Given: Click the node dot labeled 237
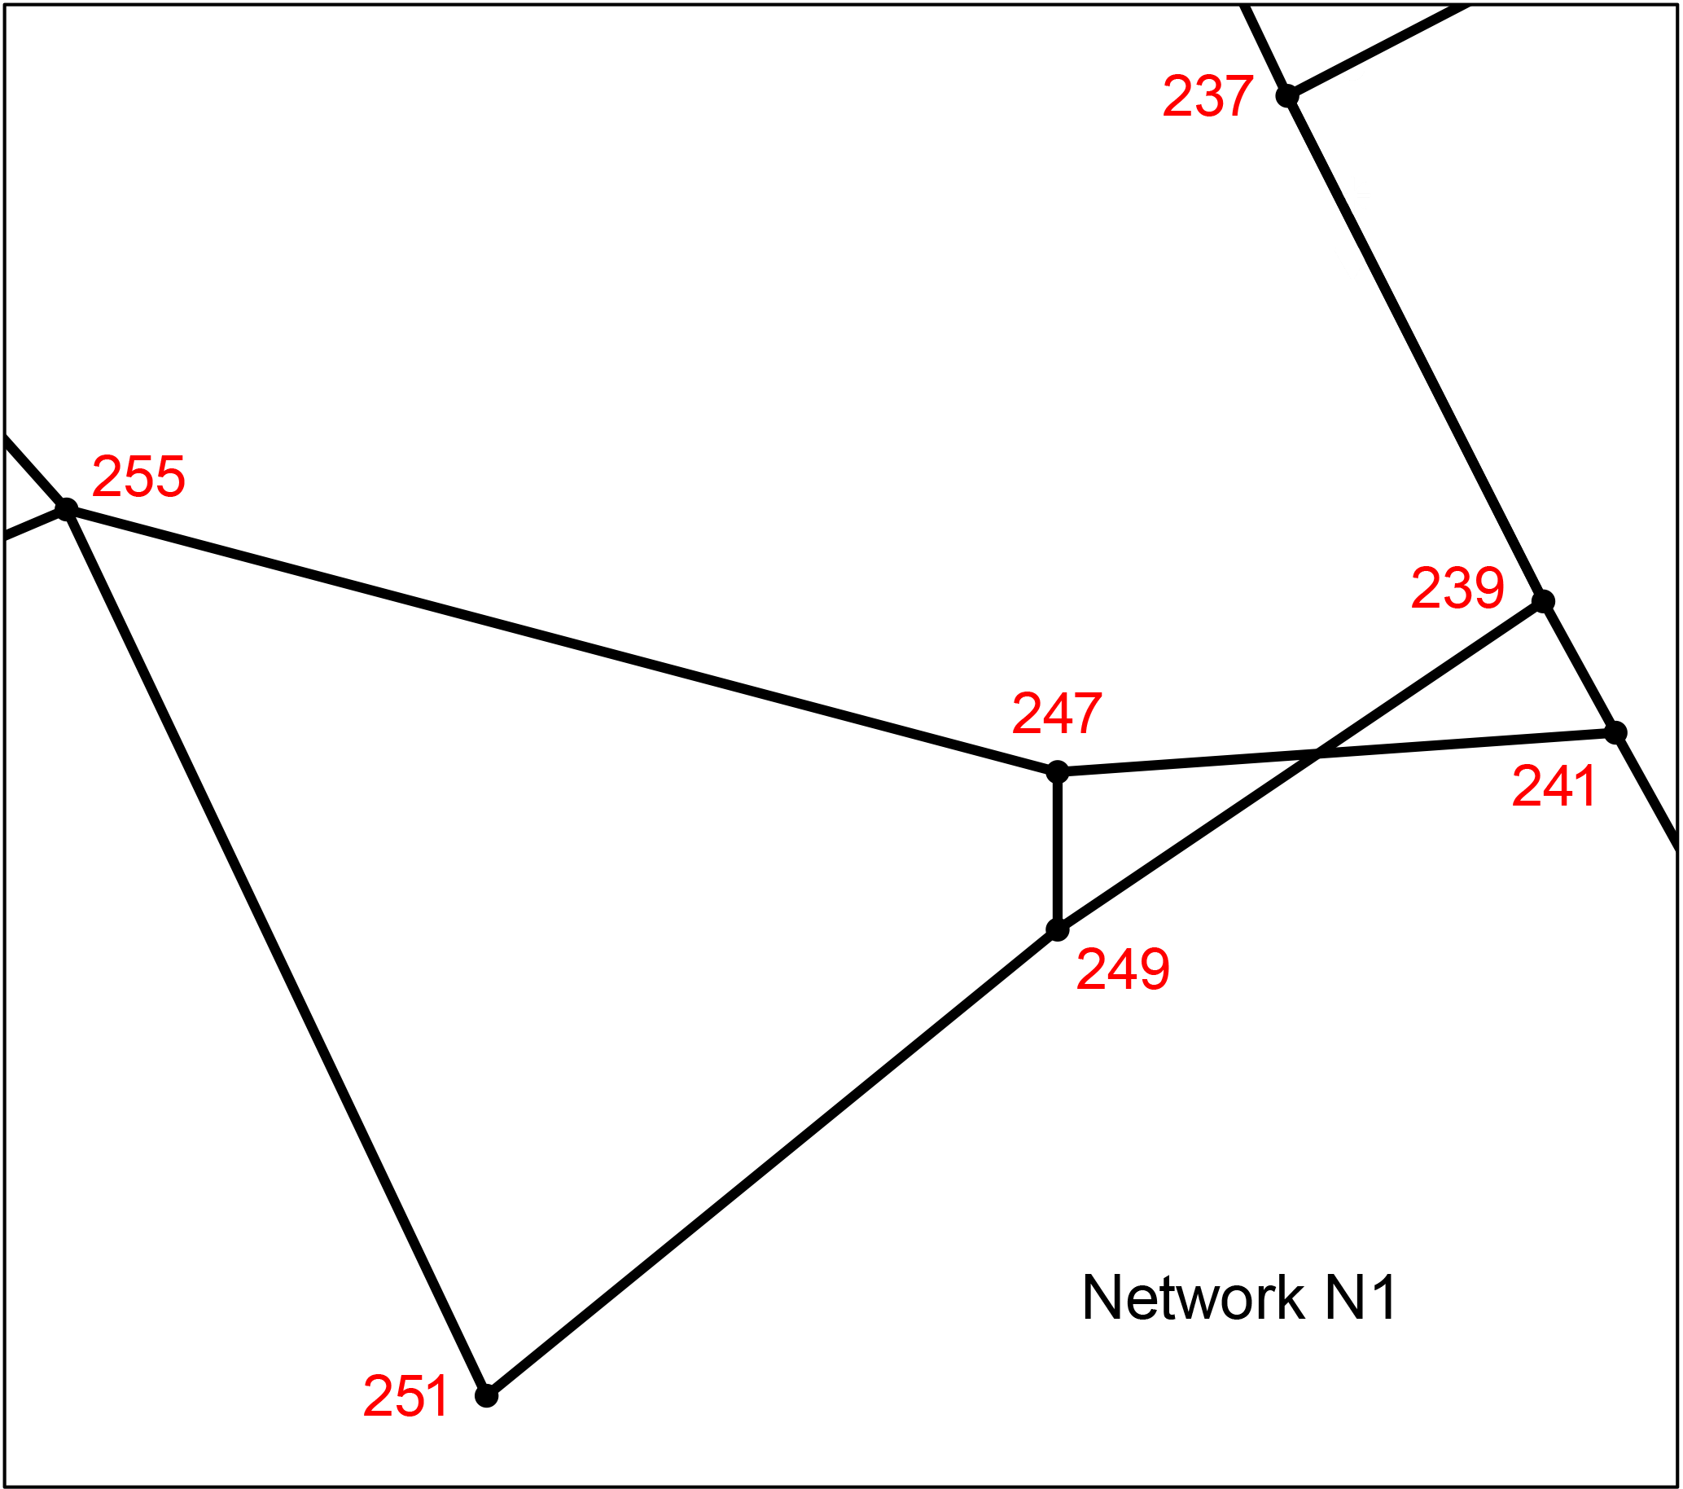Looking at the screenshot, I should [x=1287, y=96].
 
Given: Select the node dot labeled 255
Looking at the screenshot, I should [x=66, y=510].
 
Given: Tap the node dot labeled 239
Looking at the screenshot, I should [x=1543, y=601].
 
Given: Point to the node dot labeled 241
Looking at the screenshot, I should [x=1615, y=732].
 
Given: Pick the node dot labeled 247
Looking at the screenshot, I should [x=1057, y=771].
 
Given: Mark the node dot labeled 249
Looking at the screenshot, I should [x=1057, y=929].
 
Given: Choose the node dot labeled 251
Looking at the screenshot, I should [x=487, y=1396].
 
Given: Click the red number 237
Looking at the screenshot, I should [x=1208, y=97].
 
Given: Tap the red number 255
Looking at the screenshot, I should [x=138, y=477].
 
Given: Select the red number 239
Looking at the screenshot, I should [x=1457, y=589].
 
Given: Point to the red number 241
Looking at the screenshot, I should [x=1554, y=786].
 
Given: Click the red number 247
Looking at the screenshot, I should [x=1057, y=714].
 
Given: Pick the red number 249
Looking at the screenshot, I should [x=1123, y=969].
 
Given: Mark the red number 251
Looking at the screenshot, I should [x=406, y=1396].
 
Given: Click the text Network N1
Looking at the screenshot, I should [x=1240, y=1298].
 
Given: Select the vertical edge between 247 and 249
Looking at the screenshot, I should [x=1057, y=850].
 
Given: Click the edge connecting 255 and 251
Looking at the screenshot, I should [x=276, y=953].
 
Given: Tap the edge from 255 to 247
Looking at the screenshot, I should [x=562, y=641].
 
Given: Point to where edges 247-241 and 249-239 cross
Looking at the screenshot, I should [x=1317, y=753].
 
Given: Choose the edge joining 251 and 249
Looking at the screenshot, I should [x=772, y=1163].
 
